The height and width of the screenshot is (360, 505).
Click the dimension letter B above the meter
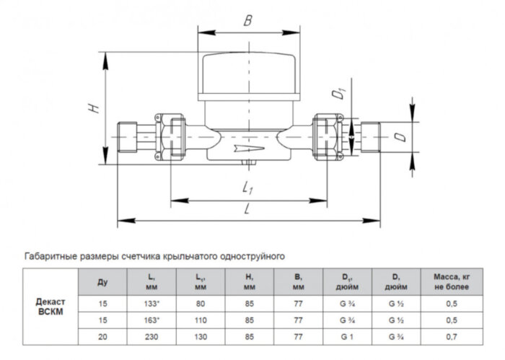coord(247,21)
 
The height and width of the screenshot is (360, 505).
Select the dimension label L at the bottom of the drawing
coord(247,208)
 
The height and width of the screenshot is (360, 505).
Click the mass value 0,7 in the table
coord(452,336)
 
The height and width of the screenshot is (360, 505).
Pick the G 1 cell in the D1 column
coord(347,336)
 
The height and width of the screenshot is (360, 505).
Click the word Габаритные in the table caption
coord(51,255)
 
